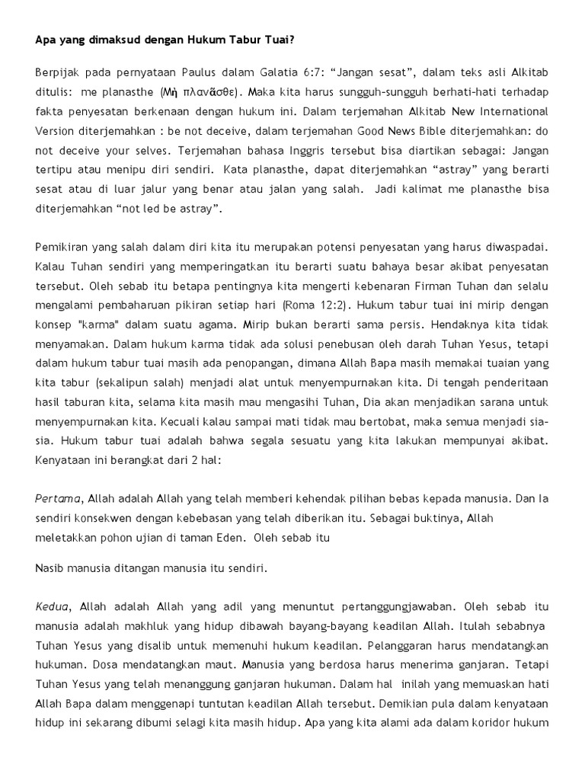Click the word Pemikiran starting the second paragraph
62,246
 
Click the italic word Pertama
58,499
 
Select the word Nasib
50,568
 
